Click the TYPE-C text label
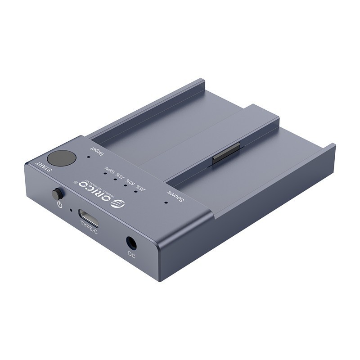89,228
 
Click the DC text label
131,254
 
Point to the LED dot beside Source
166,202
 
